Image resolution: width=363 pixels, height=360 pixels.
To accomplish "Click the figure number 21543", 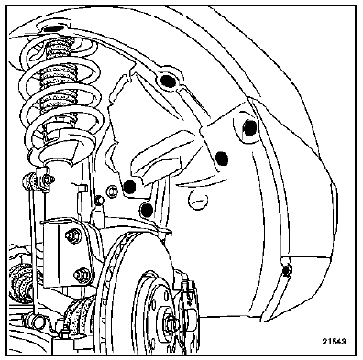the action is [x=334, y=342].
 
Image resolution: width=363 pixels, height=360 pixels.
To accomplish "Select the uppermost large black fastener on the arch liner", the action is [x=168, y=81].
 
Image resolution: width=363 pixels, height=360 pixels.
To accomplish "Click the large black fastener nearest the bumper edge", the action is [x=250, y=128].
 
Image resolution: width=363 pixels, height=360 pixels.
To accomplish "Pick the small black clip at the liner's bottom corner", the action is [x=286, y=271].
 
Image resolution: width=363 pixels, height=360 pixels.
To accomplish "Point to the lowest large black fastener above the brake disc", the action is [x=148, y=210].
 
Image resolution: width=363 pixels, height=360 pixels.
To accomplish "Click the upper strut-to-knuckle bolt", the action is [x=72, y=235].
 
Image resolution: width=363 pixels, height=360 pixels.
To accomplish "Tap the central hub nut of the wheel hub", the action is [x=170, y=322].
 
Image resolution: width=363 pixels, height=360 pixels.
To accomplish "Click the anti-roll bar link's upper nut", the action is [x=48, y=180].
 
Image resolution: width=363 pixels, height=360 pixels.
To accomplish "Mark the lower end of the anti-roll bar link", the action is [x=38, y=321].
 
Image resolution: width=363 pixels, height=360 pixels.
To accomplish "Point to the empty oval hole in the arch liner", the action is [x=198, y=200].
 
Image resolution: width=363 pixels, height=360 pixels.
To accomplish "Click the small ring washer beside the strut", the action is [x=112, y=191].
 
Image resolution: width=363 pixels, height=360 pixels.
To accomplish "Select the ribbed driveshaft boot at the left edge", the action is [x=20, y=282].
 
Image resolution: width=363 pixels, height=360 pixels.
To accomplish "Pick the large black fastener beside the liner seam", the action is [x=222, y=158].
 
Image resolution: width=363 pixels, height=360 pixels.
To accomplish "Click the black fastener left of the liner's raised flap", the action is [x=129, y=186].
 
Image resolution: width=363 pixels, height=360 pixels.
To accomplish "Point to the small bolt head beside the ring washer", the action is [x=98, y=201].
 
